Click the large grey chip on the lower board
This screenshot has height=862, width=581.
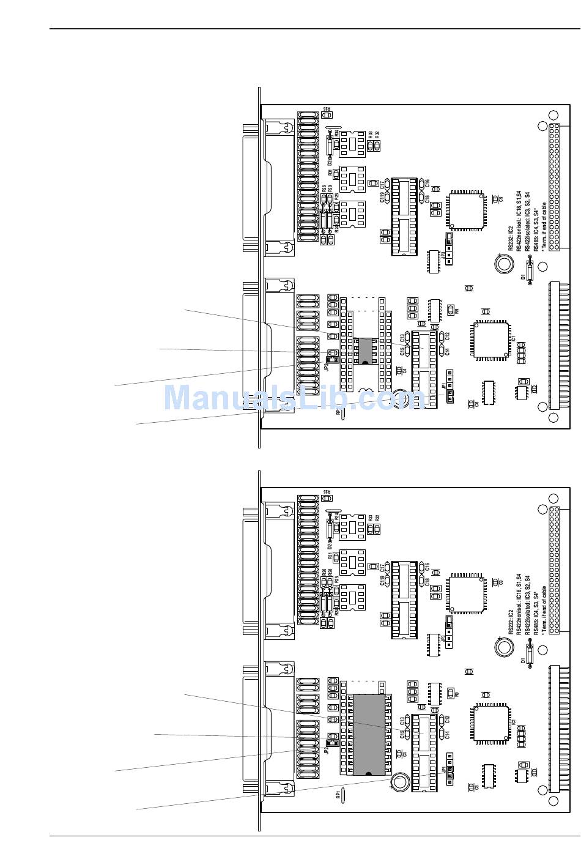pos(368,734)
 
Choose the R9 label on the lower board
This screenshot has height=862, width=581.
pos(456,695)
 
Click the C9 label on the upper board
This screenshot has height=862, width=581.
pos(501,199)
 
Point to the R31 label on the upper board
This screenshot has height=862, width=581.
pos(330,173)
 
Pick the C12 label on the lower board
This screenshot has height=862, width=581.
pos(448,719)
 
